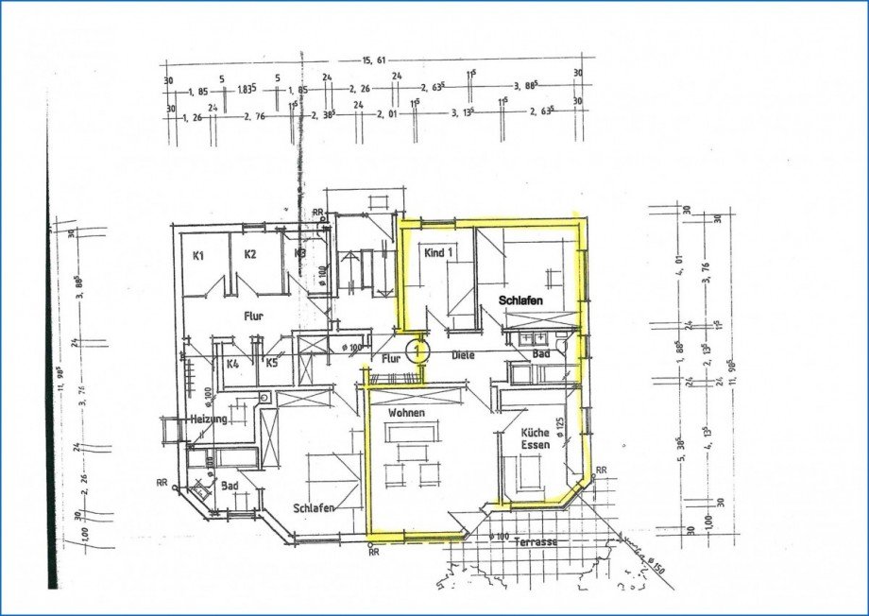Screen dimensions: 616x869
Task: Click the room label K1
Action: click(199, 255)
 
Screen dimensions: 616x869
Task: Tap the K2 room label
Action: click(250, 254)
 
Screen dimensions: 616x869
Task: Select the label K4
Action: click(232, 362)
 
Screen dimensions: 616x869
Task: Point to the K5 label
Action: click(271, 362)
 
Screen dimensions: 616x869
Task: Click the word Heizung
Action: click(207, 419)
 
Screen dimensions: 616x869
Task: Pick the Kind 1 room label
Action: click(439, 253)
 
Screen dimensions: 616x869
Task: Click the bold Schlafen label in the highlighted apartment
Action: click(521, 299)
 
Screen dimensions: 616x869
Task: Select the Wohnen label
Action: click(405, 413)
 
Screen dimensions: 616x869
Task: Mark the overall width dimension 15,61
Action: click(374, 60)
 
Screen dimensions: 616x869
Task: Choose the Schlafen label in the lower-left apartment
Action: click(314, 507)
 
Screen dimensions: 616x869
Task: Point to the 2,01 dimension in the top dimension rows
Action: click(386, 114)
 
